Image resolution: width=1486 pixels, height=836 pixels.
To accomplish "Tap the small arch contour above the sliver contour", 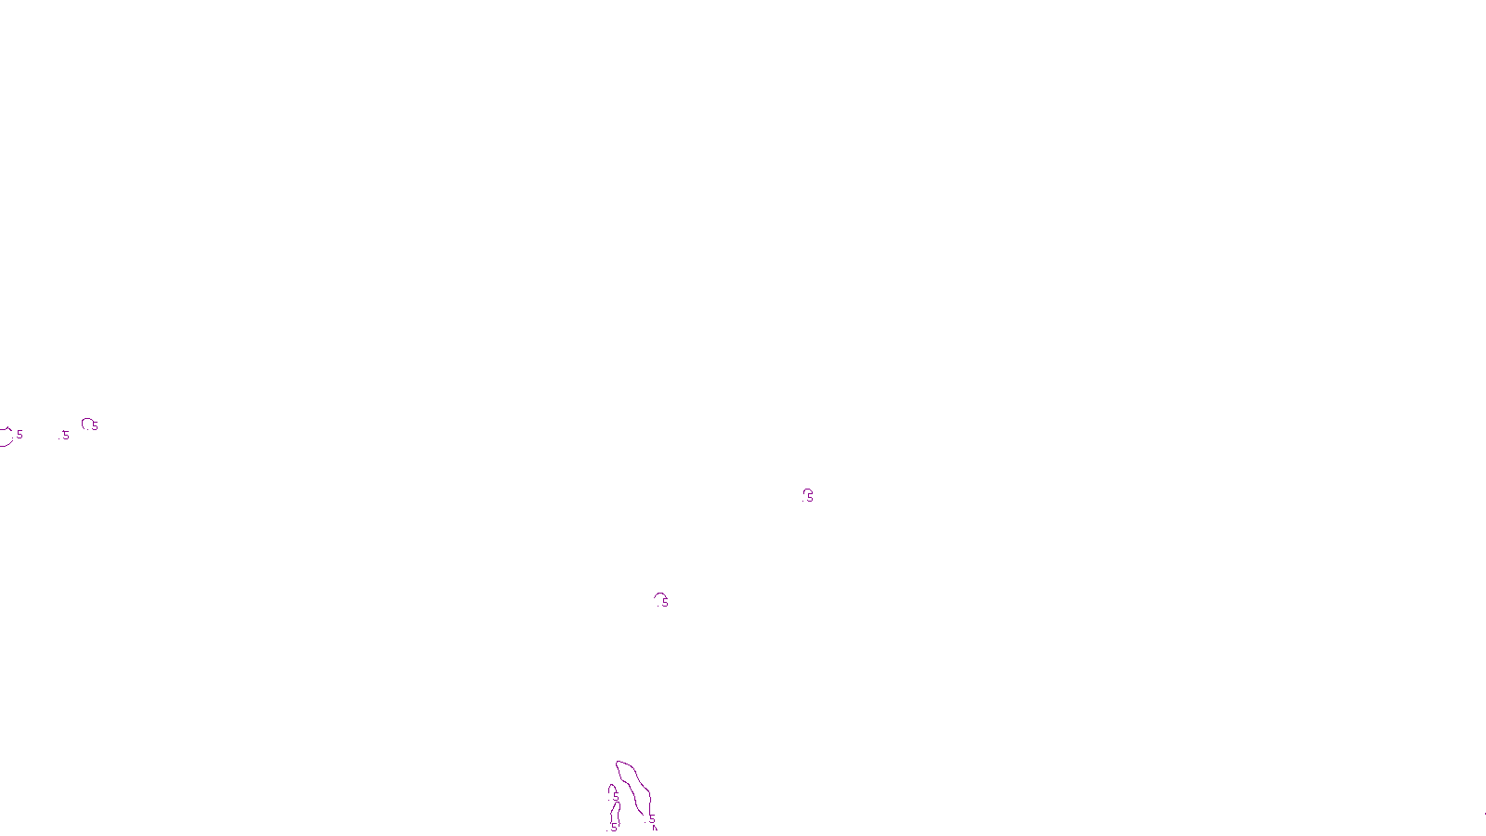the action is click(x=611, y=787).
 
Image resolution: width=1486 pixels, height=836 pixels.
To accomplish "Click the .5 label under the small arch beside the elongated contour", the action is click(x=615, y=796).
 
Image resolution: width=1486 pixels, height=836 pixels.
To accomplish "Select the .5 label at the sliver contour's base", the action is click(x=613, y=827).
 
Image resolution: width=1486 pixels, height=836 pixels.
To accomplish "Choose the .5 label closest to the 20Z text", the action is click(x=651, y=819).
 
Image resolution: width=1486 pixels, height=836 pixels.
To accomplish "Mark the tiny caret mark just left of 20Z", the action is click(x=655, y=828).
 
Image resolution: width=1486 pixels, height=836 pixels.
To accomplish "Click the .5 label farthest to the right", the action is click(x=809, y=498).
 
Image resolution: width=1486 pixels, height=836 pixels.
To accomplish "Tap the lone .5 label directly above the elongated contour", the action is click(x=664, y=603).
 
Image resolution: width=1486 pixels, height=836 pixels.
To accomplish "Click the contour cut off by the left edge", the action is click(x=6, y=438).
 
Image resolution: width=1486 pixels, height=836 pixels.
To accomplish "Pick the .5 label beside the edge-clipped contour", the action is click(x=19, y=435).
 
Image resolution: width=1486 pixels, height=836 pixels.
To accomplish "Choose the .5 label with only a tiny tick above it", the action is click(x=65, y=436).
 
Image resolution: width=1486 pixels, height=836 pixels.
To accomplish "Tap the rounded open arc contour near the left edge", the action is click(x=85, y=422).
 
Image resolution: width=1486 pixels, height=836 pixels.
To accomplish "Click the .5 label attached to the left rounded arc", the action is click(x=94, y=426).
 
